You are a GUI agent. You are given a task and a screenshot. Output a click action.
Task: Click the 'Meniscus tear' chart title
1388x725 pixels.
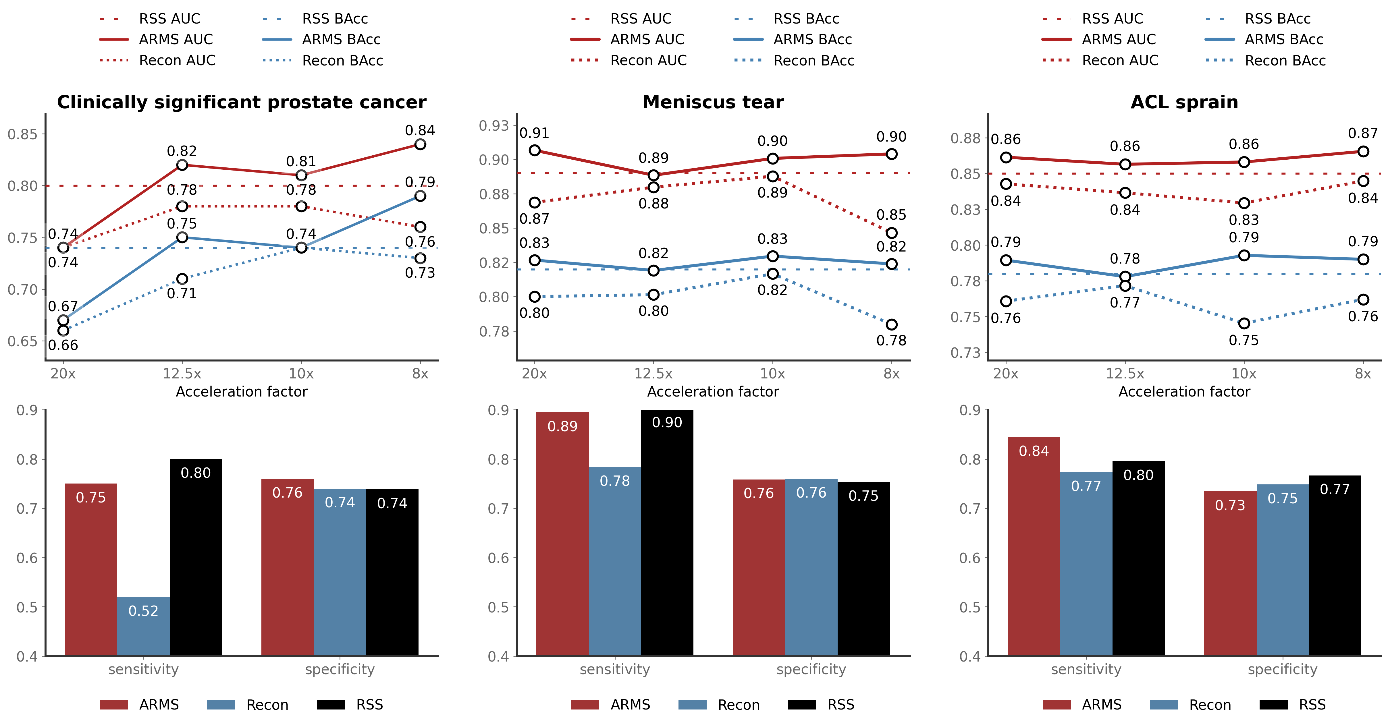[713, 102]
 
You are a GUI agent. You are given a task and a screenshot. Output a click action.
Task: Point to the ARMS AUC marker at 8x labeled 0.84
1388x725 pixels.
[420, 144]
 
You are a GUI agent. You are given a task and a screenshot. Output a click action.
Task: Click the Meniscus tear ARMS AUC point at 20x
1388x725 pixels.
[535, 150]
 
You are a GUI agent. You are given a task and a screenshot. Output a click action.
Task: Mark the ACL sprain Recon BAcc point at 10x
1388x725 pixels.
[1244, 323]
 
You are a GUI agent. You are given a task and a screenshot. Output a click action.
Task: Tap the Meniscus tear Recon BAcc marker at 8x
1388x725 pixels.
[891, 324]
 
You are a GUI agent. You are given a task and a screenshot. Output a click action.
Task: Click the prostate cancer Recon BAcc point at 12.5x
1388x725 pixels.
[182, 279]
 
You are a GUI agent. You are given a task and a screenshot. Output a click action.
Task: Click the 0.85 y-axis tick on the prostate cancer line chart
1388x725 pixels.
[23, 134]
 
